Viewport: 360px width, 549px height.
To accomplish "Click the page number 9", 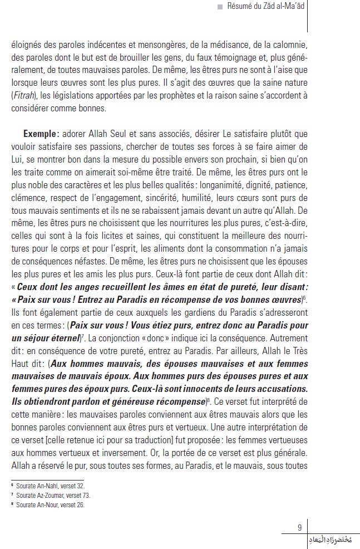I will [x=300, y=528].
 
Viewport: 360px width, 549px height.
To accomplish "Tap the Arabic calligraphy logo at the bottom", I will [x=328, y=540].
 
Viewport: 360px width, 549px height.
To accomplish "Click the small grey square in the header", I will [x=220, y=7].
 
